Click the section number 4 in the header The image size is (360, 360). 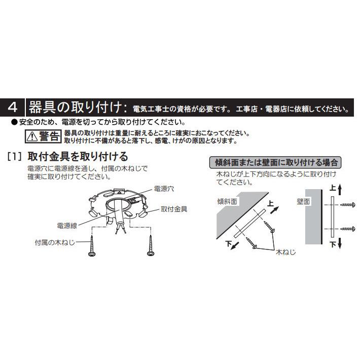14,107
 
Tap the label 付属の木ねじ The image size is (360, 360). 55,242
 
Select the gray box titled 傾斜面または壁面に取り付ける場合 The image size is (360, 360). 275,163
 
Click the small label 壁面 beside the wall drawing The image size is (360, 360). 303,201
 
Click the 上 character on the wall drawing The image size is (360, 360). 332,188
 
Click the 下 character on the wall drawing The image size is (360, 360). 332,244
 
